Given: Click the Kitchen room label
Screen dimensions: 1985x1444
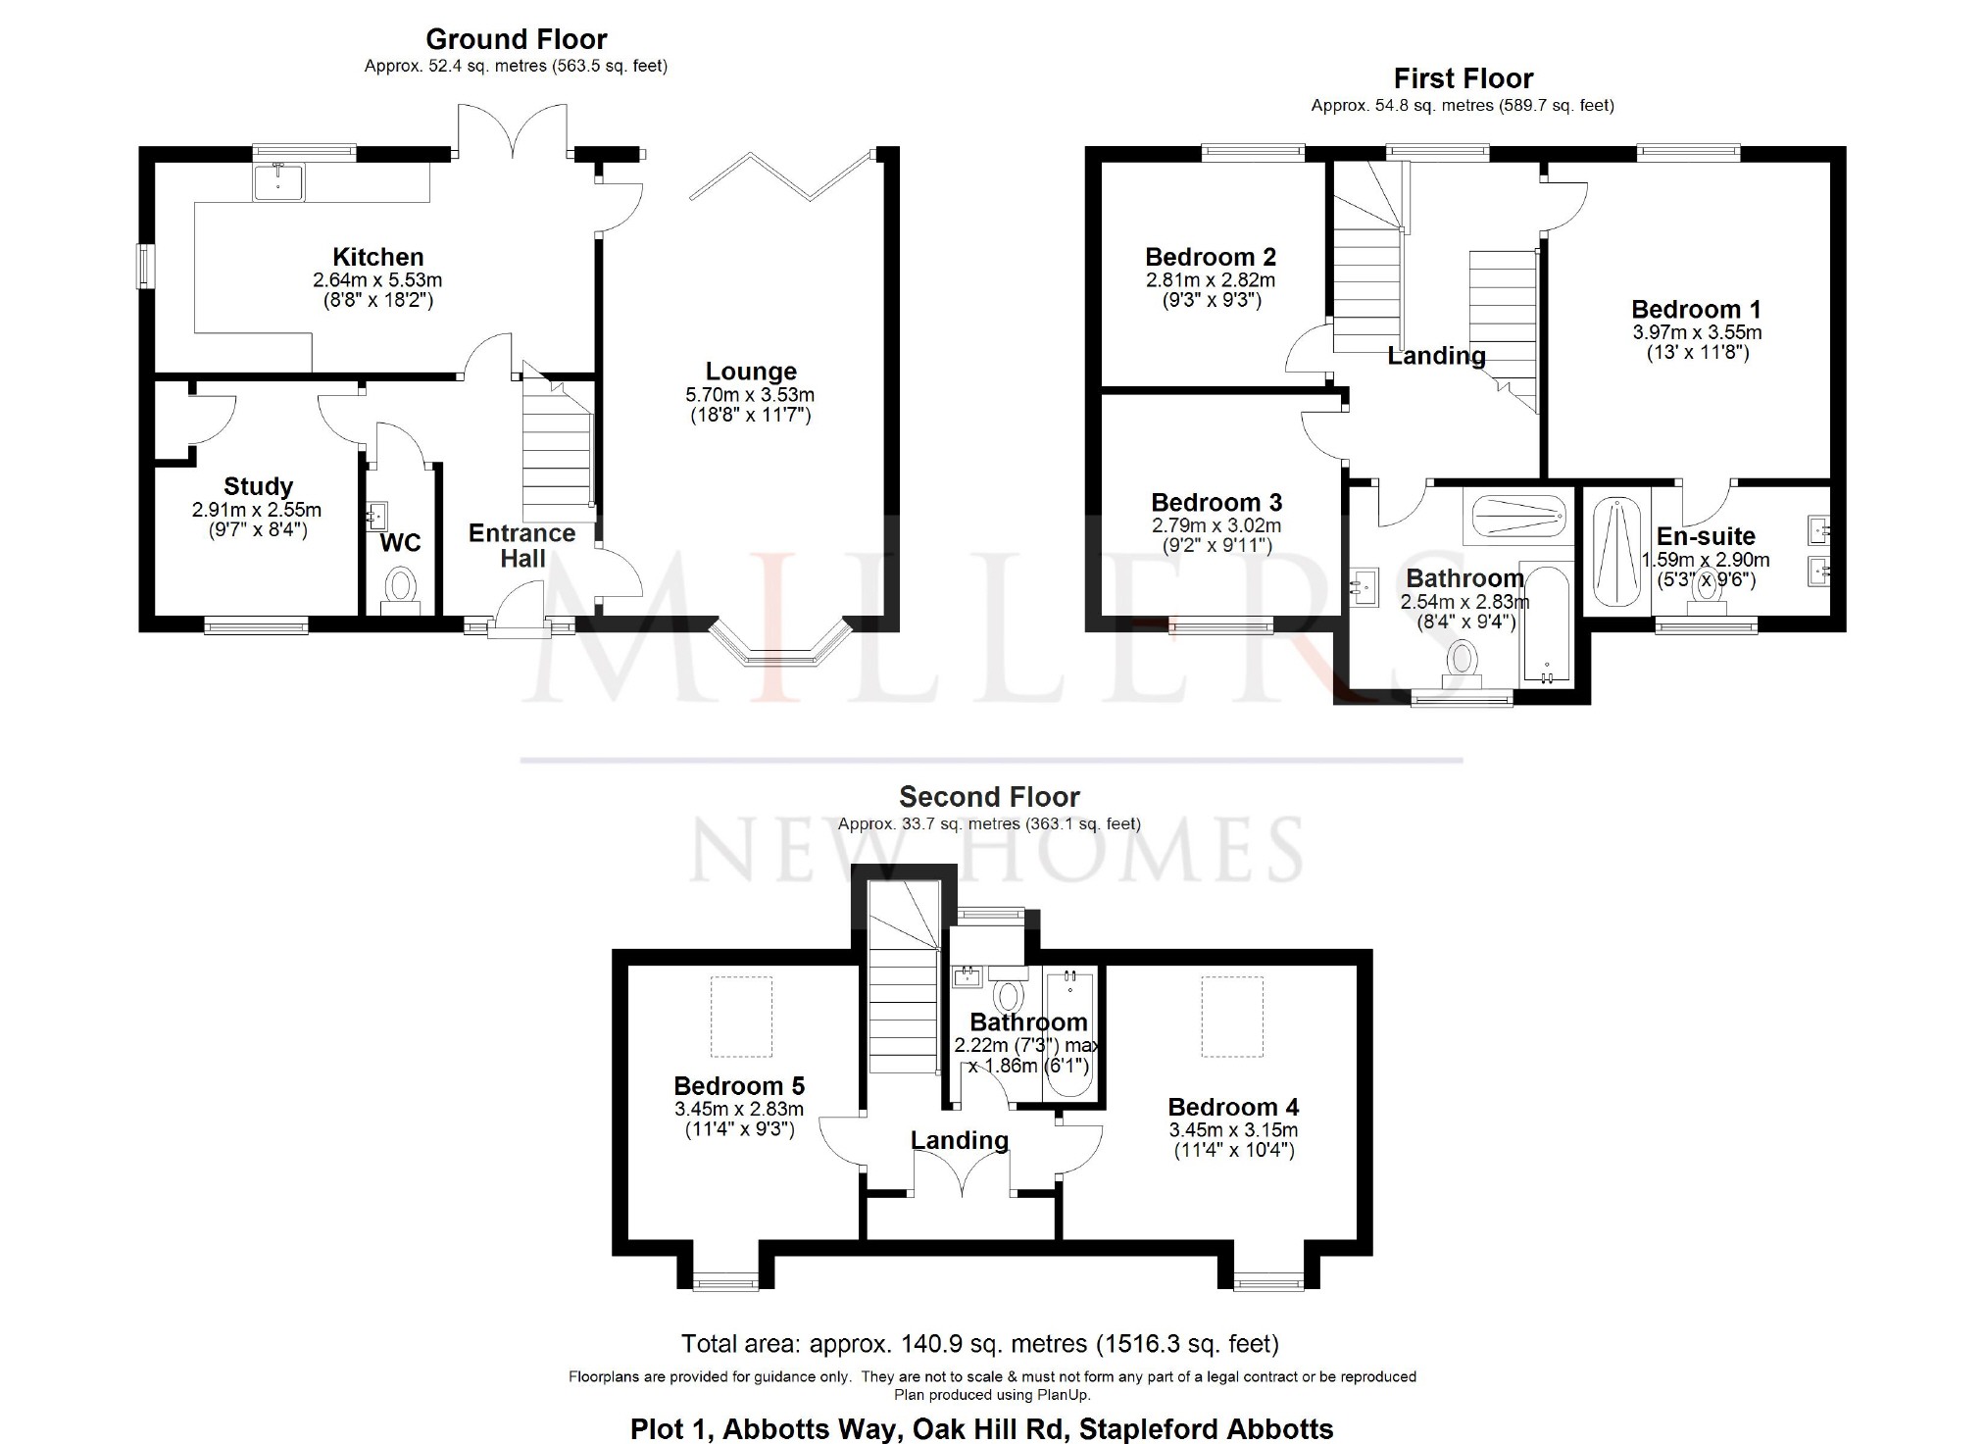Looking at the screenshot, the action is coord(377,257).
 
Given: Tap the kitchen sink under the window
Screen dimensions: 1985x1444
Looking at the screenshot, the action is coord(278,182).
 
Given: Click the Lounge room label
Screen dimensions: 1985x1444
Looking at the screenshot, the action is coord(751,372).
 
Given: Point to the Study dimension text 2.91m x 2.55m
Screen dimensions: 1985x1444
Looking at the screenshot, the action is coord(257,510).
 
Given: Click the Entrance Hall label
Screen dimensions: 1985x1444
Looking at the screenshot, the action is coord(521,546).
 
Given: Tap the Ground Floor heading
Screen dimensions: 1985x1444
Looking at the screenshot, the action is coord(516,39).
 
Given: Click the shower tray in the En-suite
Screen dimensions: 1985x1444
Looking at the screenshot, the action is coord(1617,552).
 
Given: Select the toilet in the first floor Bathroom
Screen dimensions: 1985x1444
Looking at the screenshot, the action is coord(1462,663).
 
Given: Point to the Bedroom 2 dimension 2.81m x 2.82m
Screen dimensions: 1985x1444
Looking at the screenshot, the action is coord(1211,280).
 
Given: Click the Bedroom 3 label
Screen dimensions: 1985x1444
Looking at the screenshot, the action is coord(1216,503).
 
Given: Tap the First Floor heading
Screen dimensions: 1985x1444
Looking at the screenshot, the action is coord(1464,78).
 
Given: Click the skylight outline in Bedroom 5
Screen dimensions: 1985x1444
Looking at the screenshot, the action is coord(741,1017).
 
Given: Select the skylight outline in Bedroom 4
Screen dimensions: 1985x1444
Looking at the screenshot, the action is coord(1233,1017).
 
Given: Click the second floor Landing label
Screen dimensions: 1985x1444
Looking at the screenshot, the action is coord(960,1140).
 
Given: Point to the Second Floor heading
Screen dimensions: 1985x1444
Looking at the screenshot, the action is coord(989,797).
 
